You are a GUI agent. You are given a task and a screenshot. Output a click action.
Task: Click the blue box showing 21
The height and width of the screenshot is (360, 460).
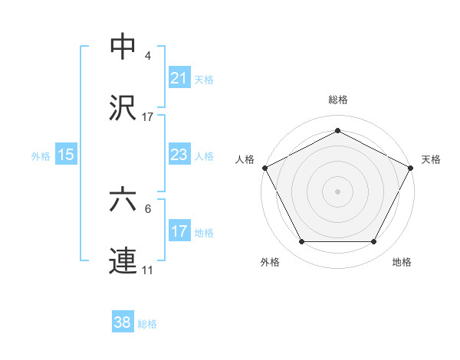(x=179, y=78)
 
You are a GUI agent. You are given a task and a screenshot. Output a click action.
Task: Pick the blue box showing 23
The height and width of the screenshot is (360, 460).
(x=179, y=155)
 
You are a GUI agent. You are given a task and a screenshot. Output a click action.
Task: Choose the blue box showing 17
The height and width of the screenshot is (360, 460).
(x=179, y=231)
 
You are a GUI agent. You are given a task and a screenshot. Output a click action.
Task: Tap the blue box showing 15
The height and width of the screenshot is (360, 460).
(x=66, y=155)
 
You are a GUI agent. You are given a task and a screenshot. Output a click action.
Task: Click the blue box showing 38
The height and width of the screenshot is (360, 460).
(x=123, y=322)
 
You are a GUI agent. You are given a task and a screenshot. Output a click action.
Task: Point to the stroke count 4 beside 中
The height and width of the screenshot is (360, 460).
(x=148, y=57)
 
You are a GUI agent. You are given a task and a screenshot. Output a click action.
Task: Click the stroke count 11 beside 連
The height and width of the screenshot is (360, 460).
(x=148, y=270)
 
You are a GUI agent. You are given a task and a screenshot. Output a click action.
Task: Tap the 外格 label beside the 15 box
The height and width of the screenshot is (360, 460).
(x=41, y=156)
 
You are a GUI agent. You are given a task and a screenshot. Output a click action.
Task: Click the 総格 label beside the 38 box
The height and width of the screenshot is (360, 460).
(x=147, y=323)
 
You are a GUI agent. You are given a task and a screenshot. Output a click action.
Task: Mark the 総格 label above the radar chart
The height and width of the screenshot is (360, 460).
(x=338, y=100)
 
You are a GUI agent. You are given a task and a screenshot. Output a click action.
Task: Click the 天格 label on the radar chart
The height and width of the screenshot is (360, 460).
(x=431, y=159)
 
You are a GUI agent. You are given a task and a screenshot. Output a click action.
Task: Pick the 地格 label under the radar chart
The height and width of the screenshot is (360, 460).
(x=402, y=262)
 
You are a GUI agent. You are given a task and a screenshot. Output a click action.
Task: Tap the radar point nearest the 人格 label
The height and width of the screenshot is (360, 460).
(x=264, y=167)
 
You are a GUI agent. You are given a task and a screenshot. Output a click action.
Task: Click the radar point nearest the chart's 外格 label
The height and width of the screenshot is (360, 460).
(x=301, y=242)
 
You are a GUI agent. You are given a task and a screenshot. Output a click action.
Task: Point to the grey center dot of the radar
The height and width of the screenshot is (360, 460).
(x=338, y=191)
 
